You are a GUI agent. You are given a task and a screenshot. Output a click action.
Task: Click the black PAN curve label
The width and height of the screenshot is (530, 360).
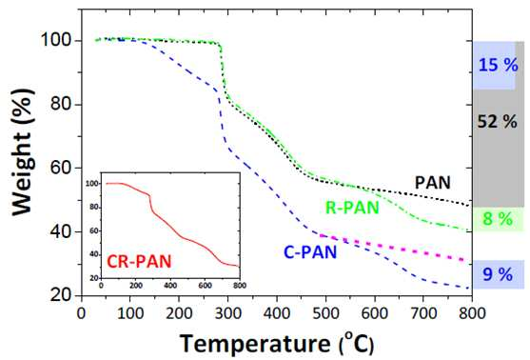pyautogui.click(x=432, y=183)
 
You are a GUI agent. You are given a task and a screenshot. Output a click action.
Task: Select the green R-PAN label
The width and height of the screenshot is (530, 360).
pyautogui.click(x=352, y=208)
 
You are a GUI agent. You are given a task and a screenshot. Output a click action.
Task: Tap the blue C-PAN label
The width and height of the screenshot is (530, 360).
pyautogui.click(x=310, y=252)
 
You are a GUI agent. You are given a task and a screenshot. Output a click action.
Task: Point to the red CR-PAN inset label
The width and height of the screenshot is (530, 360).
pyautogui.click(x=139, y=262)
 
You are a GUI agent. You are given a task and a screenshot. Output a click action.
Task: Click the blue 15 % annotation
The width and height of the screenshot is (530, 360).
pyautogui.click(x=498, y=65)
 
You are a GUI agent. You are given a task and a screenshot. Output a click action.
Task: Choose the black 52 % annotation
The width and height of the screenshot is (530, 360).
pyautogui.click(x=498, y=121)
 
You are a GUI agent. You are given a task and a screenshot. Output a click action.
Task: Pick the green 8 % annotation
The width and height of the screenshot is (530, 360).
pyautogui.click(x=498, y=219)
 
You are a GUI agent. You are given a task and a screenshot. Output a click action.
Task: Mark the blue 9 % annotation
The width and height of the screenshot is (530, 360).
pyautogui.click(x=498, y=274)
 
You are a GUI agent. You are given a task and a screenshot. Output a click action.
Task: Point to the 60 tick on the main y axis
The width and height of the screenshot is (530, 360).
pyautogui.click(x=61, y=169)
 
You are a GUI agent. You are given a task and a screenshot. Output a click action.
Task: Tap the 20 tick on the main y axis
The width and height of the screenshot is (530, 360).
pyautogui.click(x=61, y=295)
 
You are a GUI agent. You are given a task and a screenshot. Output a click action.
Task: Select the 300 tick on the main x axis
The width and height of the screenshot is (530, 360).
pyautogui.click(x=227, y=313)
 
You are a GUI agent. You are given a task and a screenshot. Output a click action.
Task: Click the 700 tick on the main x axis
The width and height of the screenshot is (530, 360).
pyautogui.click(x=423, y=313)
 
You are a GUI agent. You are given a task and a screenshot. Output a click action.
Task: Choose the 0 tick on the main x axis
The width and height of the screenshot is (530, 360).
pyautogui.click(x=81, y=313)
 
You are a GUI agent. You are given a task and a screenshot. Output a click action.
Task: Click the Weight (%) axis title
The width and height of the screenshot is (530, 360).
pyautogui.click(x=23, y=152)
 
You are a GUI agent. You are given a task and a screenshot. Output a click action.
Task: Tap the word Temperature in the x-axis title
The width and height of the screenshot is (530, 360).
pyautogui.click(x=254, y=345)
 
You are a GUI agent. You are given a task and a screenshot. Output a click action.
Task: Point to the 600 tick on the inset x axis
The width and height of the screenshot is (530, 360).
pyautogui.click(x=205, y=286)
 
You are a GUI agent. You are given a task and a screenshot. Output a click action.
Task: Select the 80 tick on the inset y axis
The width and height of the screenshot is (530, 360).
pyautogui.click(x=93, y=208)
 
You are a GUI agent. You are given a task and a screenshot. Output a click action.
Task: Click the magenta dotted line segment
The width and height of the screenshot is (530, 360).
pyautogui.click(x=396, y=248)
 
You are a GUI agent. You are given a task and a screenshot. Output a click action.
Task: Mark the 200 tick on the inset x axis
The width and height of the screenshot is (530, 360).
pyautogui.click(x=136, y=286)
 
